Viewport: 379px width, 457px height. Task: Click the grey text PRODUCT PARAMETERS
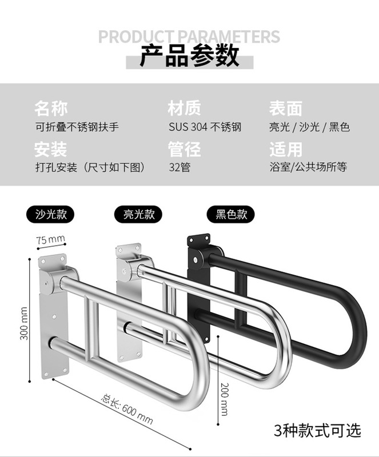[x=189, y=37]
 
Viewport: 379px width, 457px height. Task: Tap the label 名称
[x=51, y=108]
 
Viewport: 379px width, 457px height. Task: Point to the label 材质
[x=184, y=108]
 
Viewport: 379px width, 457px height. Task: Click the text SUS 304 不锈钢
[x=204, y=127]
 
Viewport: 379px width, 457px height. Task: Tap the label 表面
[x=285, y=108]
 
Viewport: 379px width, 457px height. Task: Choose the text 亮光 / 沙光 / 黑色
[x=309, y=127]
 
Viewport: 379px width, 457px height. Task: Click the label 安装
[x=51, y=149]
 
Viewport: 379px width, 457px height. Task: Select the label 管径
[x=184, y=149]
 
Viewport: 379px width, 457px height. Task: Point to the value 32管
[x=179, y=167]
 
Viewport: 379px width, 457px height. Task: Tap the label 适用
[x=285, y=149]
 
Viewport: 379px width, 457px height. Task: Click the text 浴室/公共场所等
[x=308, y=167]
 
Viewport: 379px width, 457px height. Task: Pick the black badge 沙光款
[x=51, y=214]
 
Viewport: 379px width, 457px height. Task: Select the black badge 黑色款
[x=231, y=214]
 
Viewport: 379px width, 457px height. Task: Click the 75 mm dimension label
[x=50, y=239]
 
